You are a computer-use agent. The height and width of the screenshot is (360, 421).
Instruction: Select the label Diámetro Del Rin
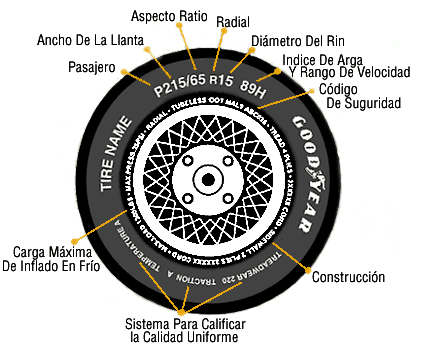(296, 40)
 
